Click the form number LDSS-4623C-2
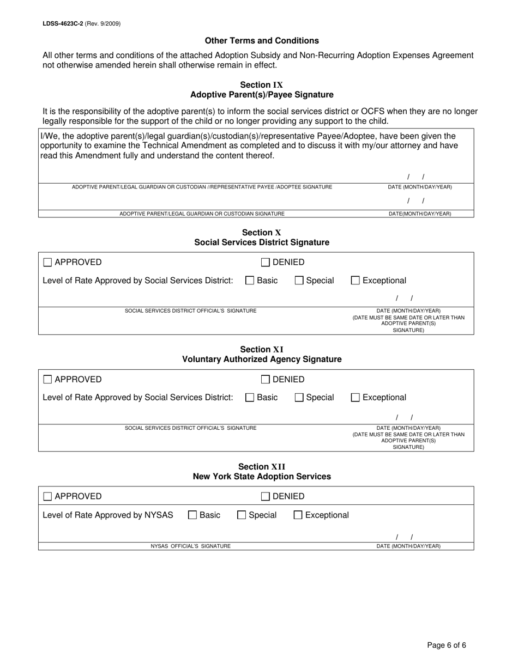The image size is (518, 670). tap(63, 24)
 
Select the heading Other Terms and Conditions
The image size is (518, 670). tap(262, 41)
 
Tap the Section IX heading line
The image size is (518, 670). tap(262, 85)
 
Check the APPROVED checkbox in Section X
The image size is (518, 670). tap(47, 263)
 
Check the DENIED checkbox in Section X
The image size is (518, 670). tap(266, 263)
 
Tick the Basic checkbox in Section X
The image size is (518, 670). tap(250, 281)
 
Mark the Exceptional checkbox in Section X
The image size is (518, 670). tap(355, 281)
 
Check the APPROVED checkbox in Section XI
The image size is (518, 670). tap(47, 380)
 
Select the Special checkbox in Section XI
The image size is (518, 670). tap(299, 398)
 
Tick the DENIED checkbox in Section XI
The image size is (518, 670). tap(266, 380)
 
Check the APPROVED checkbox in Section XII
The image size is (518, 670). tap(47, 496)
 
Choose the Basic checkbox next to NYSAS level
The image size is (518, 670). tap(192, 515)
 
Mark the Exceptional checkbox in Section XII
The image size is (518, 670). tap(298, 515)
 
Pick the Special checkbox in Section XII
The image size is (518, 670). tap(242, 515)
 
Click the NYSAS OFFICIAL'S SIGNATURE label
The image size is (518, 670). tap(190, 546)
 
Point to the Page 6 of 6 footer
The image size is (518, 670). tap(446, 645)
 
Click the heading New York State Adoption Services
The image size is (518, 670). tap(262, 477)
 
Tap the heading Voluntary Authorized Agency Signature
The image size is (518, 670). tap(262, 360)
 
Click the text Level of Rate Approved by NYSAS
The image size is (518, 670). tap(108, 515)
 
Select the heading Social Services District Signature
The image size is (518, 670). tap(262, 242)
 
